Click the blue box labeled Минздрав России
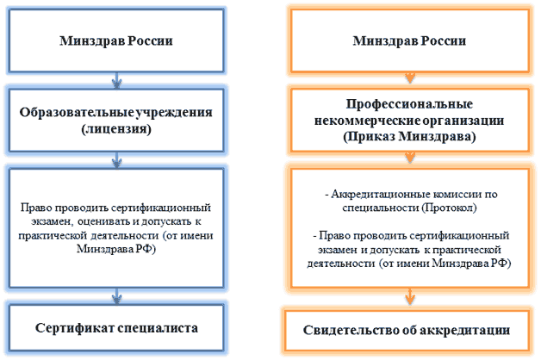click(116, 40)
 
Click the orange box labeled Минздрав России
click(409, 40)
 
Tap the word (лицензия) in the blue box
click(116, 129)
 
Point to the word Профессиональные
click(409, 104)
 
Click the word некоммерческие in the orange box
click(367, 121)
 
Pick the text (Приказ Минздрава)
click(409, 137)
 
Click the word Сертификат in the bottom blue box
click(75, 328)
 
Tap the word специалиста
click(158, 328)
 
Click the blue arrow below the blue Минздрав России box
click(116, 81)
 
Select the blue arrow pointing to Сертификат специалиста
click(116, 296)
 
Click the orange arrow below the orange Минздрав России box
click(409, 78)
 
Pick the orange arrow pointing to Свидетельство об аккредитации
click(409, 297)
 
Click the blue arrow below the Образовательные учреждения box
click(116, 160)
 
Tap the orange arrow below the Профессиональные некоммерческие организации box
click(409, 158)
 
